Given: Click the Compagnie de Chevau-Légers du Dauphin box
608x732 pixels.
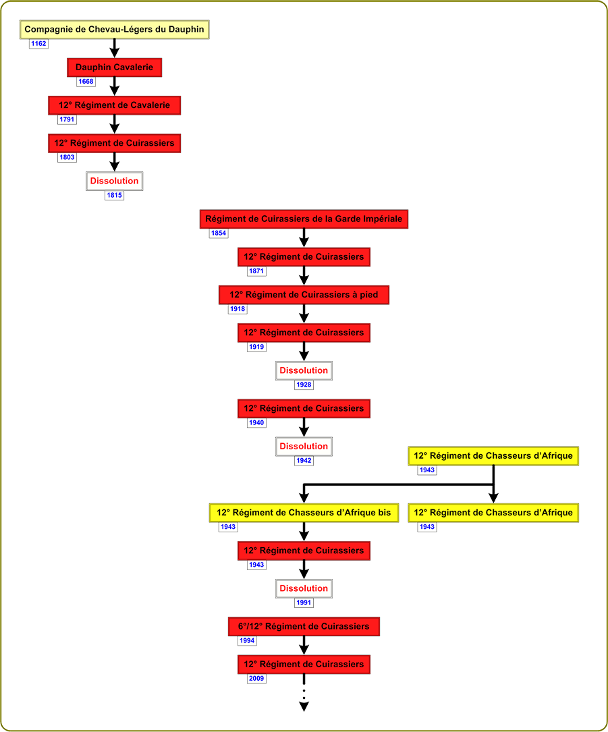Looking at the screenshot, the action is click(115, 30).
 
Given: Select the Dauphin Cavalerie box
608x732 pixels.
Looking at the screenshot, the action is click(115, 67).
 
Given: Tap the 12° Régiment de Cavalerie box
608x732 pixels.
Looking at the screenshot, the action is click(115, 105).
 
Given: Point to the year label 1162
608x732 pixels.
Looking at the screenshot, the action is click(38, 44).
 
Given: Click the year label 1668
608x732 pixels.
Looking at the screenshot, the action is click(86, 82).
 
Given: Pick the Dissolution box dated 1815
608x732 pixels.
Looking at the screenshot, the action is click(115, 181).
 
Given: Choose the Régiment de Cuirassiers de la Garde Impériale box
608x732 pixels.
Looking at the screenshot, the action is click(304, 219).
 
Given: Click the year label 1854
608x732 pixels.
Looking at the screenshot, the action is click(219, 233).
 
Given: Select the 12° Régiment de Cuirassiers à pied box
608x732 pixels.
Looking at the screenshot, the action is click(304, 295).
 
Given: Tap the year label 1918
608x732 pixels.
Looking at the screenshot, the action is click(238, 309).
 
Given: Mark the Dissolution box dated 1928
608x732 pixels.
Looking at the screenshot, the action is click(304, 370).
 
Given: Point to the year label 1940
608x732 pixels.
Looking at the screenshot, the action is click(256, 423).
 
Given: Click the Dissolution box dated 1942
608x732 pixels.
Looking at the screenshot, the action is click(304, 447).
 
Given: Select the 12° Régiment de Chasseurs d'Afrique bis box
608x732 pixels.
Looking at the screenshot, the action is click(304, 513).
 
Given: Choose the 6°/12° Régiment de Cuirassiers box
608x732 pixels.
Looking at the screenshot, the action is click(304, 627).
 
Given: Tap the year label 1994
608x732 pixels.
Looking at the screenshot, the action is click(247, 640).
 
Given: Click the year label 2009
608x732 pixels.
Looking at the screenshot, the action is click(256, 679).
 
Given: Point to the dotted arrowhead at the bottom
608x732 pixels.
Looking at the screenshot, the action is click(304, 706).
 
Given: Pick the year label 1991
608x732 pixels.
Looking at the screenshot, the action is click(304, 602).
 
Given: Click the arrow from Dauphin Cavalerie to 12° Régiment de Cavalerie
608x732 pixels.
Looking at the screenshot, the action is click(115, 86).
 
